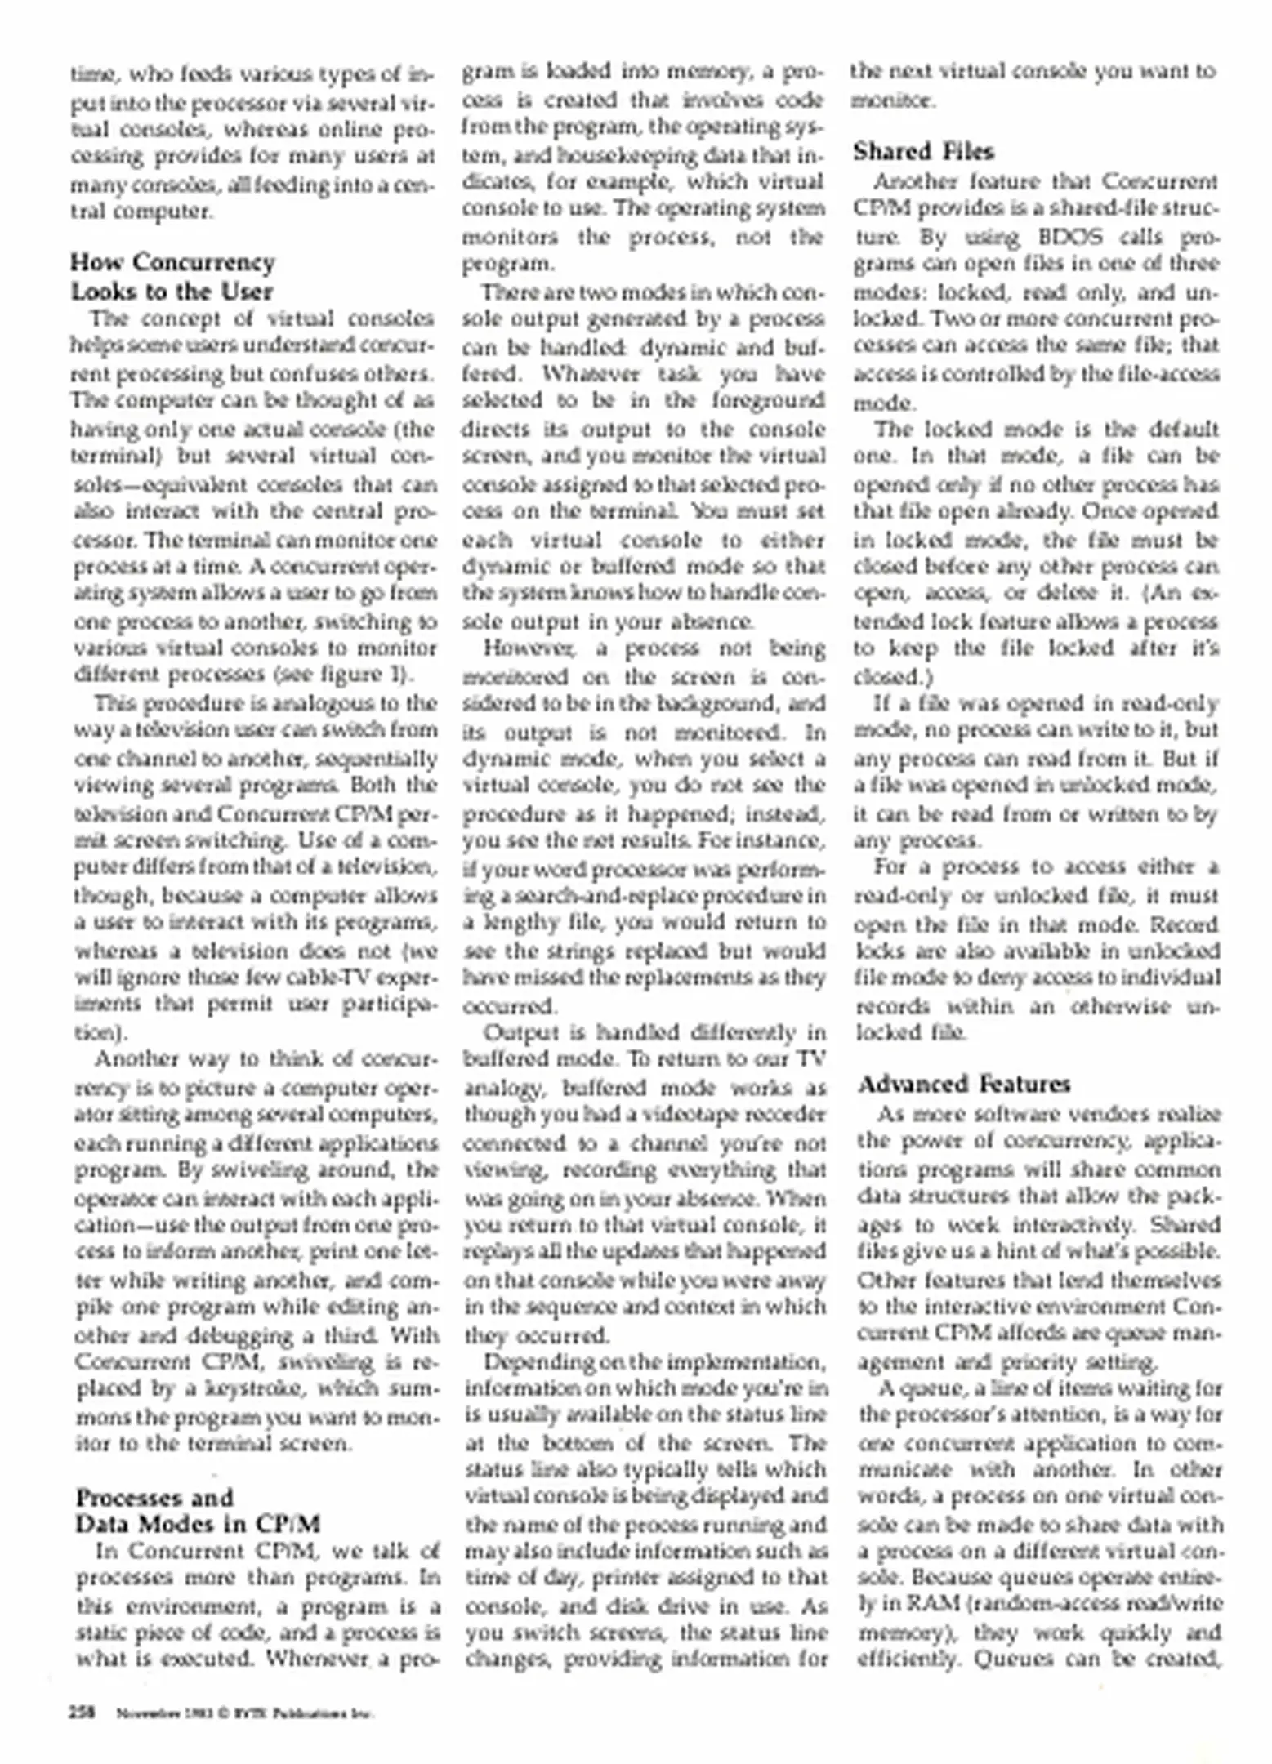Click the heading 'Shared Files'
[923, 152]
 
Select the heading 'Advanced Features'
[964, 1084]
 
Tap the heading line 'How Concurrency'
[172, 262]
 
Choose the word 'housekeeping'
[585, 155]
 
